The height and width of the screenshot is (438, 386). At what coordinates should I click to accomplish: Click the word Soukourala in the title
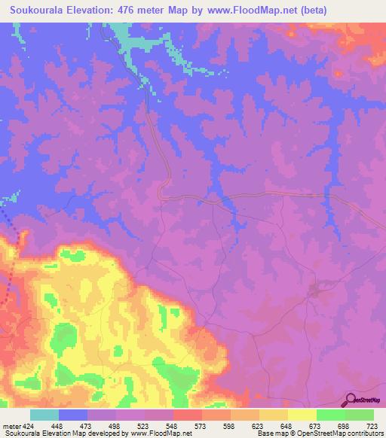pos(35,11)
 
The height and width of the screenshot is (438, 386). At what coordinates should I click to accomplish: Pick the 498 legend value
pos(115,426)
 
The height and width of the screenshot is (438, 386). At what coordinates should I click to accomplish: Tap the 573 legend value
pos(202,426)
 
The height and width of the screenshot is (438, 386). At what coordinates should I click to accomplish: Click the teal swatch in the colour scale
pos(44,415)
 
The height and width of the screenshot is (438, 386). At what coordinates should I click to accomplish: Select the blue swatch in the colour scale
pos(73,415)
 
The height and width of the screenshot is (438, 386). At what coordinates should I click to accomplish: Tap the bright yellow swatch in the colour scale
pos(302,415)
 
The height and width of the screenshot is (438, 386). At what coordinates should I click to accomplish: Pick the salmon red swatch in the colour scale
pos(188,415)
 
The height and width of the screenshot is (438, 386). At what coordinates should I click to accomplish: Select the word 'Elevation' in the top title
pos(92,11)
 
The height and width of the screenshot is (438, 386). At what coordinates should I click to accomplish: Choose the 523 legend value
pos(144,426)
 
